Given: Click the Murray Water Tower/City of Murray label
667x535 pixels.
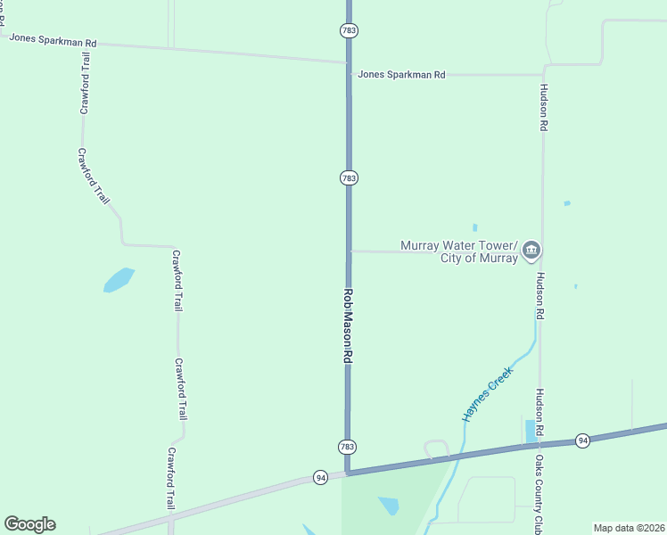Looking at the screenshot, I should tap(459, 251).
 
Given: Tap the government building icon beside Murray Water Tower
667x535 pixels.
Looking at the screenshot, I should tap(531, 250).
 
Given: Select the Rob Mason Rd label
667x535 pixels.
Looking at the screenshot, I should tap(349, 325).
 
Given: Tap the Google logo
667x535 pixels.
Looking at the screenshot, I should tap(29, 524).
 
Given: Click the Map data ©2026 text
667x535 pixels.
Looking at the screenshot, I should tap(628, 528).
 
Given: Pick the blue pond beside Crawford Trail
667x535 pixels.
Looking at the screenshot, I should tap(119, 280).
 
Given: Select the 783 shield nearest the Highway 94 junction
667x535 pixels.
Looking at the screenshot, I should tap(348, 447).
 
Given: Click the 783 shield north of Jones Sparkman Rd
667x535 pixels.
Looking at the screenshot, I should tap(349, 30).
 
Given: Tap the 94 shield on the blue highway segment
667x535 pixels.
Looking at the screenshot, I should tap(582, 440).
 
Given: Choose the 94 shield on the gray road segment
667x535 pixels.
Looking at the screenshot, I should tap(320, 478).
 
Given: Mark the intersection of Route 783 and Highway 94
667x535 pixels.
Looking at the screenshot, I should tap(348, 473).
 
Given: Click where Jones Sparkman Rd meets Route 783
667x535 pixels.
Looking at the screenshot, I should tap(349, 63).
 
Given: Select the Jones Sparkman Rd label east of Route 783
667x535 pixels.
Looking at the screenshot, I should tap(401, 75).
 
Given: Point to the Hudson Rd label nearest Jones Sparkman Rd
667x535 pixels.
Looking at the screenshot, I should tap(542, 108).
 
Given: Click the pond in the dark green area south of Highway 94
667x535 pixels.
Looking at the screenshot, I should tap(389, 505).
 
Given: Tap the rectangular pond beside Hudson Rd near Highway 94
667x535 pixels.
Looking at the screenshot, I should tap(531, 431).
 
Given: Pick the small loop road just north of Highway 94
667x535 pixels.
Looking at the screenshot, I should tap(435, 449).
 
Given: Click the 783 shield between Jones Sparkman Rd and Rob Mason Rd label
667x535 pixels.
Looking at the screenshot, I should tap(349, 178).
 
